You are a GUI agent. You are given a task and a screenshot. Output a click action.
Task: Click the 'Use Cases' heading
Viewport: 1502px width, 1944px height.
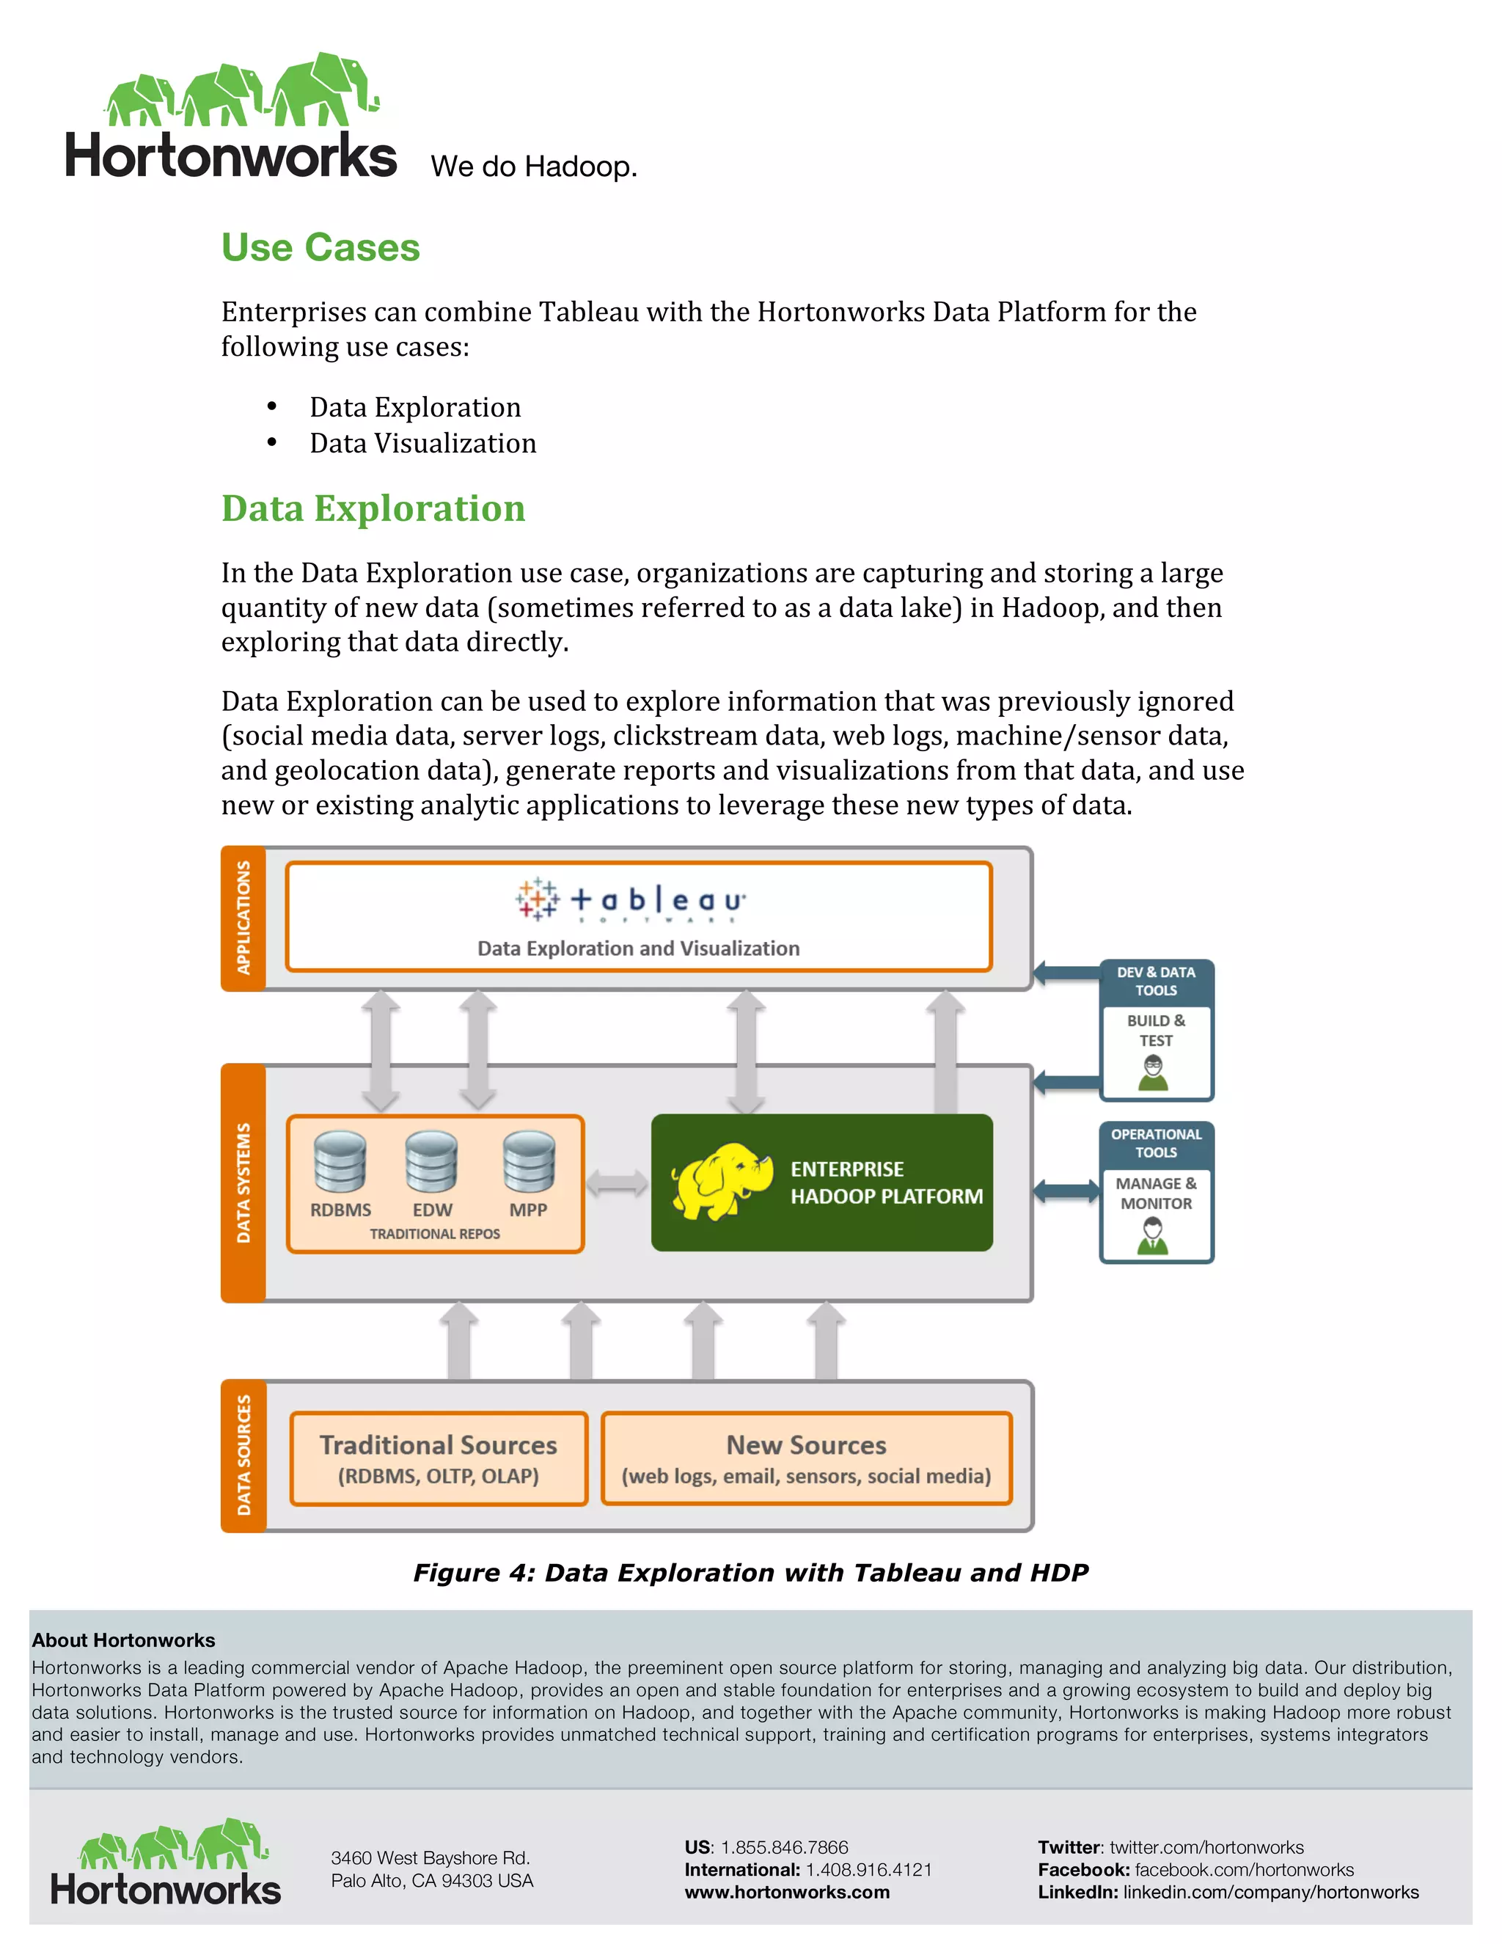pos(320,247)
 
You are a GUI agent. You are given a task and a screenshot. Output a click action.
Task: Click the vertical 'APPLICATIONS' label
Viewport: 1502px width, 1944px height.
pos(243,918)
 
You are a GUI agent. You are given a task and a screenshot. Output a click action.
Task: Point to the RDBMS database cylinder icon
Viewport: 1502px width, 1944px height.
pos(340,1161)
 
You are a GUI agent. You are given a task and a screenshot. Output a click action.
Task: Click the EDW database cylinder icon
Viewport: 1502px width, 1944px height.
pos(431,1161)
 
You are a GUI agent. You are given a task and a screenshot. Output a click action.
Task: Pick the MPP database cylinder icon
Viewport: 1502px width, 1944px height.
pos(529,1161)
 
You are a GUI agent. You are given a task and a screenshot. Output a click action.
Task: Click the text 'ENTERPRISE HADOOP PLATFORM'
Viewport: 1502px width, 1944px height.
pos(886,1183)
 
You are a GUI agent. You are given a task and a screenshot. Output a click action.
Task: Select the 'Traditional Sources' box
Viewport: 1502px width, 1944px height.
pos(439,1458)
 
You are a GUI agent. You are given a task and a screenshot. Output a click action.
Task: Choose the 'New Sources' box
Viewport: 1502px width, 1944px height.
pos(806,1458)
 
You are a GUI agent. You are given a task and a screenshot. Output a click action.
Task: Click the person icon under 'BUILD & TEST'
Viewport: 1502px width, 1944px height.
pos(1154,1073)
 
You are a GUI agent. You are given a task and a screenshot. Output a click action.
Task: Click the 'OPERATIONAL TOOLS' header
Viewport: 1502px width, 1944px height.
pos(1156,1143)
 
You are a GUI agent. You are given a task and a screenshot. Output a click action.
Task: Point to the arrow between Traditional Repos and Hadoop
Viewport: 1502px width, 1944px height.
pos(617,1183)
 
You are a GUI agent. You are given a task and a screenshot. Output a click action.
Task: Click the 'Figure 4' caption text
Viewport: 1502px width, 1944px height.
pos(750,1573)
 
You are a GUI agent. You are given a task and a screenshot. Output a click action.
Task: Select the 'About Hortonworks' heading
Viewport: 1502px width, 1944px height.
pos(124,1640)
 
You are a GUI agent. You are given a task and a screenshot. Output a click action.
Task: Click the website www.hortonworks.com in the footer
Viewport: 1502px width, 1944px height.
pos(787,1893)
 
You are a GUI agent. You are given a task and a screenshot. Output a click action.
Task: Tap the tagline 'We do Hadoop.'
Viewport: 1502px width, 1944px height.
pos(534,167)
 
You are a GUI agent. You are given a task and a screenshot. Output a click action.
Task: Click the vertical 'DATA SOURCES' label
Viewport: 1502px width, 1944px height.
pos(243,1455)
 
